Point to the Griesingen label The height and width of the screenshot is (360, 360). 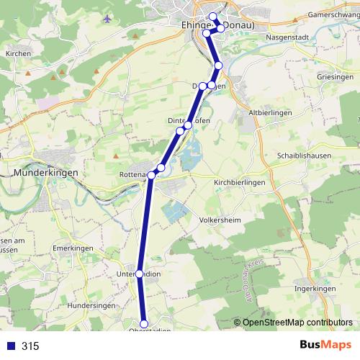335,76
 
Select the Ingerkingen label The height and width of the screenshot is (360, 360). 316,289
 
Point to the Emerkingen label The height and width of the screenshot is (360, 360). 70,248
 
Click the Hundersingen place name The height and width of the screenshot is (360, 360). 91,306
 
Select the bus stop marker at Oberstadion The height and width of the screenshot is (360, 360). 144,324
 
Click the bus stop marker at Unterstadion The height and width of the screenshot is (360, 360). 140,274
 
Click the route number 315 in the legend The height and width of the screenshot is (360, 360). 30,346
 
